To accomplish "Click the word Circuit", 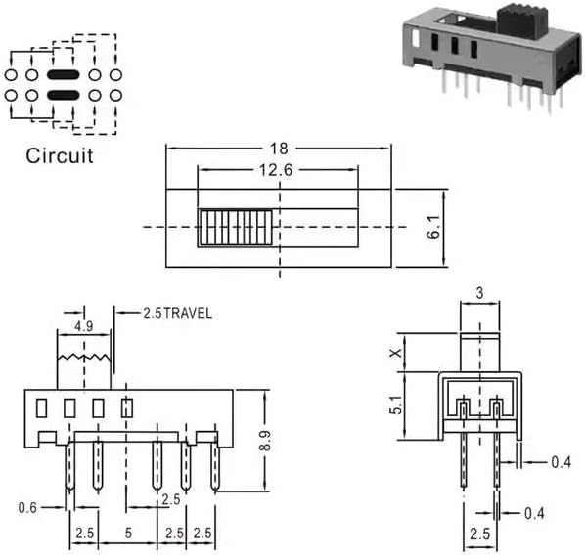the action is [x=60, y=155].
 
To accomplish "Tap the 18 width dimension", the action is [x=279, y=149].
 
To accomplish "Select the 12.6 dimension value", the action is [x=276, y=170].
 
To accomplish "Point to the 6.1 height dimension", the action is [x=434, y=227].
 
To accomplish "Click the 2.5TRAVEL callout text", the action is [x=178, y=313].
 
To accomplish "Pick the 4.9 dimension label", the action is [x=83, y=326].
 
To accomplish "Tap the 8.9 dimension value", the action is [x=265, y=441].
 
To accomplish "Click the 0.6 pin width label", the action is [x=27, y=507].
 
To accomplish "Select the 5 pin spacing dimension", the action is [x=128, y=533].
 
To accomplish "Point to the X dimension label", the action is [x=396, y=352].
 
